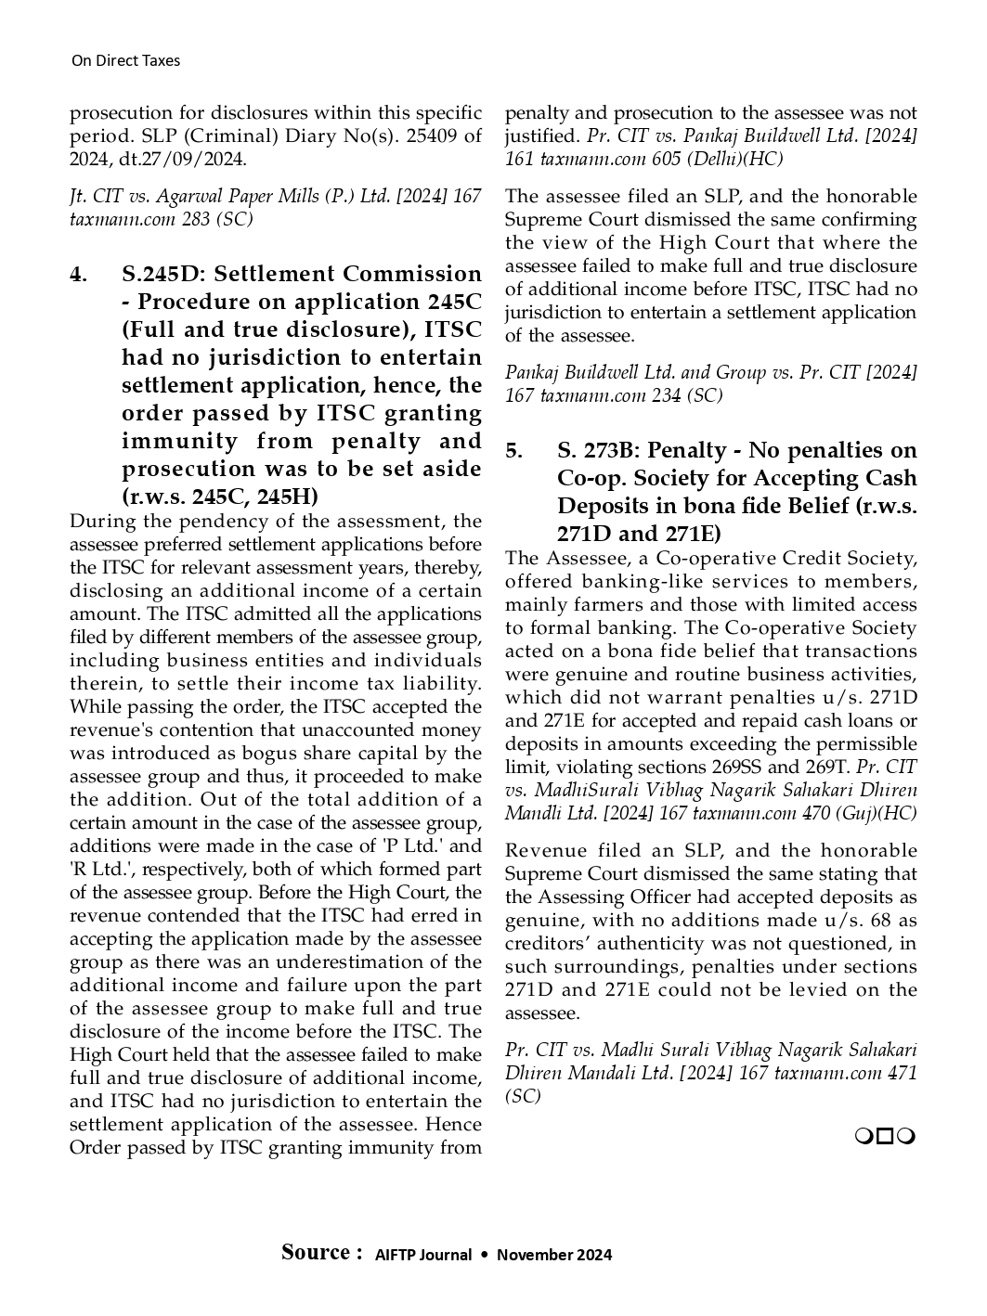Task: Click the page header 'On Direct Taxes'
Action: click(x=125, y=61)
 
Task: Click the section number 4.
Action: click(x=78, y=275)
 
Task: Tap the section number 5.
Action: click(x=513, y=451)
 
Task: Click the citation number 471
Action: click(x=901, y=1074)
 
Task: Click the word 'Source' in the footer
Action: click(x=317, y=1253)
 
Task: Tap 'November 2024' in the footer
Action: click(x=554, y=1256)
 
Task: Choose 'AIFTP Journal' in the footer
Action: click(x=423, y=1256)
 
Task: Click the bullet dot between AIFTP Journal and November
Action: click(x=484, y=1255)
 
